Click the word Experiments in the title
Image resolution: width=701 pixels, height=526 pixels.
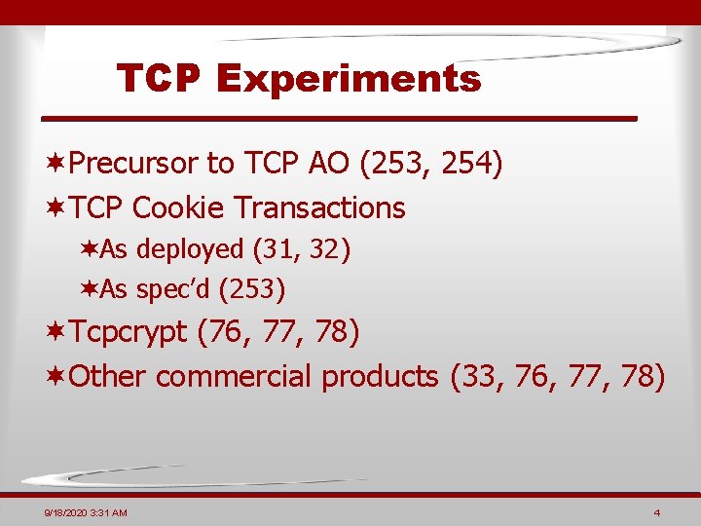[350, 79]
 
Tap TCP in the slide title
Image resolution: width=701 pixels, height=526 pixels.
[159, 79]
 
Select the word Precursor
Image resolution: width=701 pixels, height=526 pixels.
[133, 163]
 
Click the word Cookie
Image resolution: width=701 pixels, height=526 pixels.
[180, 207]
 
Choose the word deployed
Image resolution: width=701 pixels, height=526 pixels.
[190, 249]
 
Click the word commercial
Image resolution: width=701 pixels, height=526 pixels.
[234, 376]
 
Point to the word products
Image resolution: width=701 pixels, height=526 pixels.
[381, 376]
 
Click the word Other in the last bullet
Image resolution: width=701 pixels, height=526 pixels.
[107, 376]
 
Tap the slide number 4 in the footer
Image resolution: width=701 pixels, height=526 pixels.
[658, 512]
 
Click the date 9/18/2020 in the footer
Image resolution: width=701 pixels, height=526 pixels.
[66, 512]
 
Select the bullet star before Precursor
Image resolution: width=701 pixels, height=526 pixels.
[57, 163]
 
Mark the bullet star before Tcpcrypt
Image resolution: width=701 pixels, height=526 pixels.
[57, 333]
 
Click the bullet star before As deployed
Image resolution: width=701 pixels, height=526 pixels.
[89, 249]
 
